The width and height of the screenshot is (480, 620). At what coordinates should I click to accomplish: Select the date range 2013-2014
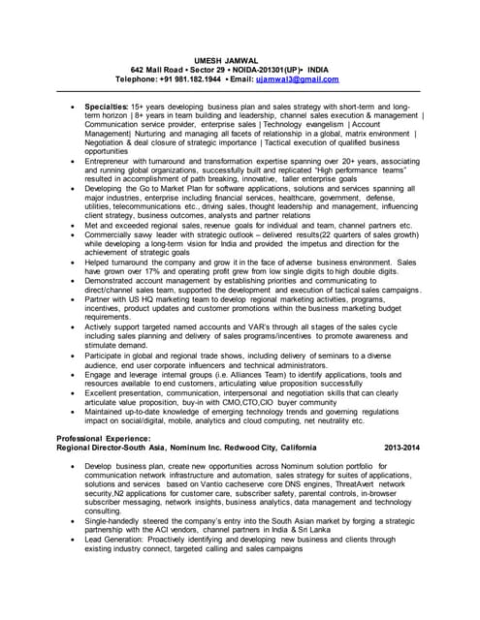click(402, 449)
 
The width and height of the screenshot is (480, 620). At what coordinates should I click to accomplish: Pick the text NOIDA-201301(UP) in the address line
click(264, 70)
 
